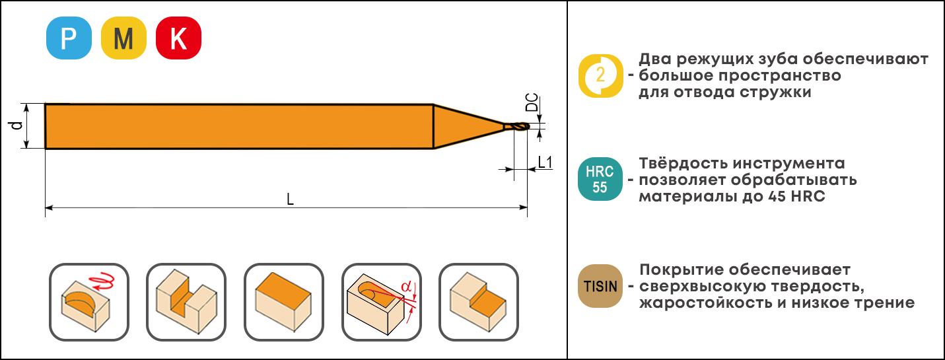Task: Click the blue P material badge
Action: [x=69, y=38]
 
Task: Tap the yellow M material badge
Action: [x=123, y=38]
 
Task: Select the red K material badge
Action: [x=178, y=38]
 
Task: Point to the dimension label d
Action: [x=17, y=126]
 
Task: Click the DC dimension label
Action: [x=532, y=102]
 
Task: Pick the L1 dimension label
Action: [x=545, y=162]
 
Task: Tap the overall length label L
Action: [x=291, y=199]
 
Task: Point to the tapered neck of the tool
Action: [x=468, y=126]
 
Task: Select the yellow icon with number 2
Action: [x=600, y=76]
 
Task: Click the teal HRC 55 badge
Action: [x=600, y=179]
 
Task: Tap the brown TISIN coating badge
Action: [x=600, y=286]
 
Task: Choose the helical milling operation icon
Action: [x=89, y=302]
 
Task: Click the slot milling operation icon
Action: [x=186, y=302]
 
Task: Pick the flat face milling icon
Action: [x=284, y=302]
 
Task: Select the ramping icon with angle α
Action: [x=382, y=302]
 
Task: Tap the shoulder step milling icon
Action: [x=479, y=302]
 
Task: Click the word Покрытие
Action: [x=682, y=270]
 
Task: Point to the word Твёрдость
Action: [x=682, y=163]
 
